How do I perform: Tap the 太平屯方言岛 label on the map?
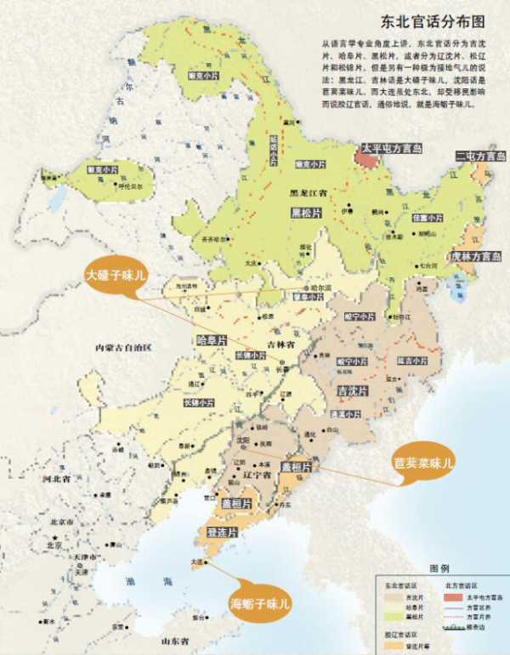pyautogui.click(x=392, y=148)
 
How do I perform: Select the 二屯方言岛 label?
pyautogui.click(x=479, y=156)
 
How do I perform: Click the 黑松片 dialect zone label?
pyautogui.click(x=305, y=212)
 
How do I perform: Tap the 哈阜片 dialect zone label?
pyautogui.click(x=211, y=339)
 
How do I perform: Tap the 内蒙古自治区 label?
pyautogui.click(x=123, y=348)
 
